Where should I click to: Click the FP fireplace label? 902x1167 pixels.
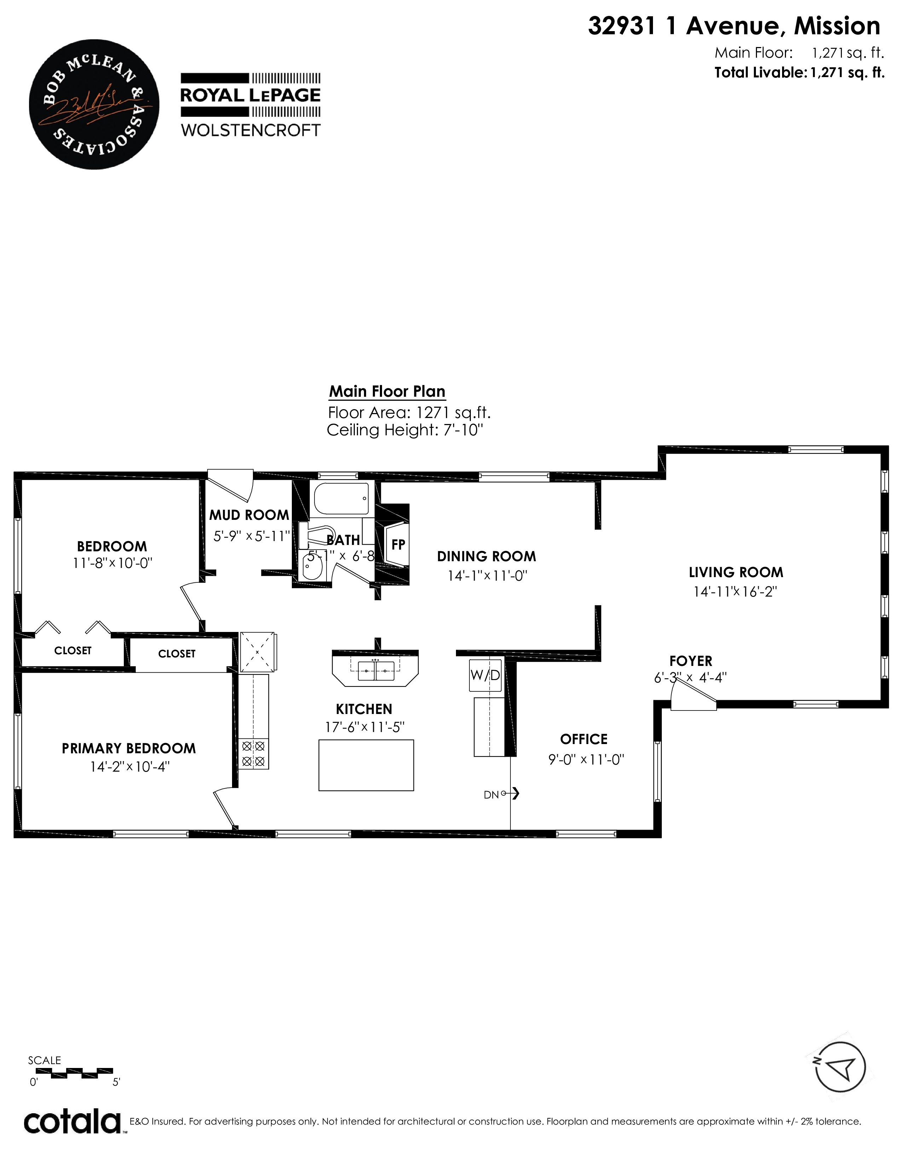tap(398, 545)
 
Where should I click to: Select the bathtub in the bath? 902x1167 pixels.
tap(341, 499)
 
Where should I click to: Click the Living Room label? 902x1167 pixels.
tap(736, 572)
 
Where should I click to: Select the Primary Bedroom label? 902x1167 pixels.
tap(129, 748)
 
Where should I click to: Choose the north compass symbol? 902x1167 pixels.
tap(840, 1067)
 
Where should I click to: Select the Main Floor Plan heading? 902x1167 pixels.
tap(387, 391)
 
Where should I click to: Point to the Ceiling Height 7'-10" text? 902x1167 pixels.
tap(405, 430)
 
